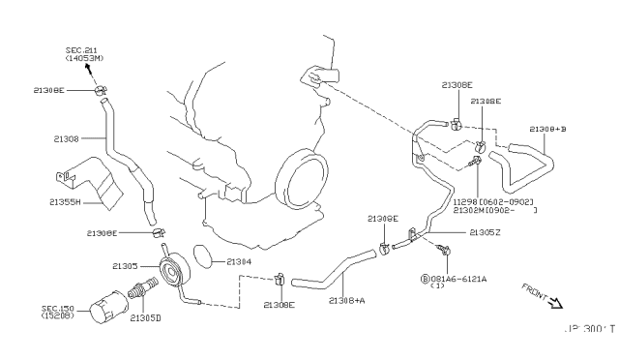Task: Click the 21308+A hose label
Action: (x=347, y=301)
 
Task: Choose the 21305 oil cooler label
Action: (x=126, y=264)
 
